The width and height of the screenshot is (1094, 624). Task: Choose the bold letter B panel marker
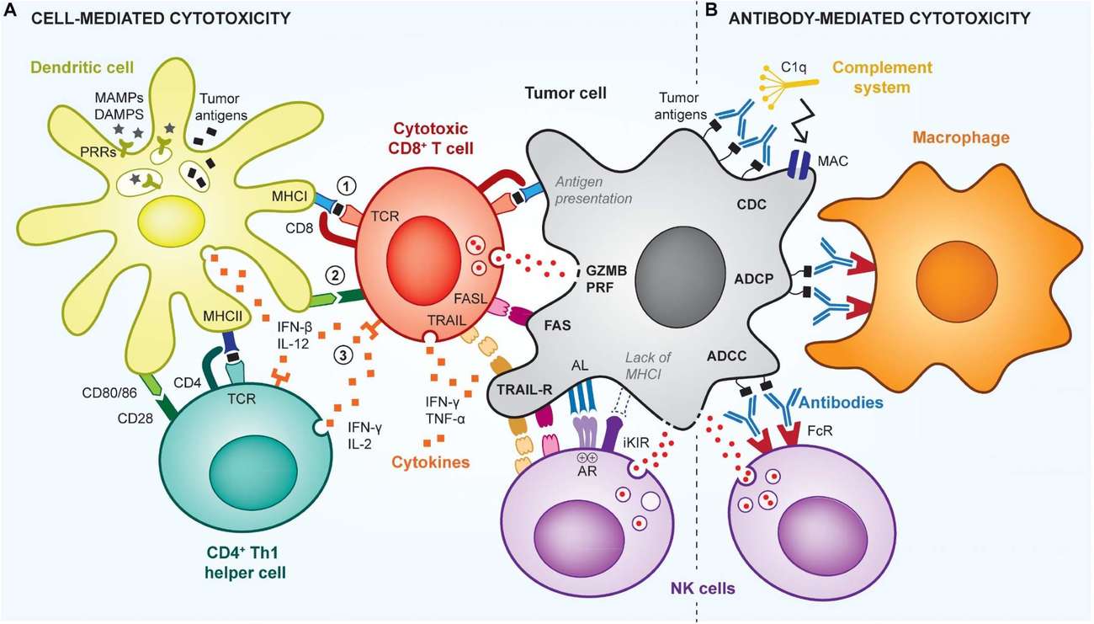click(711, 15)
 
